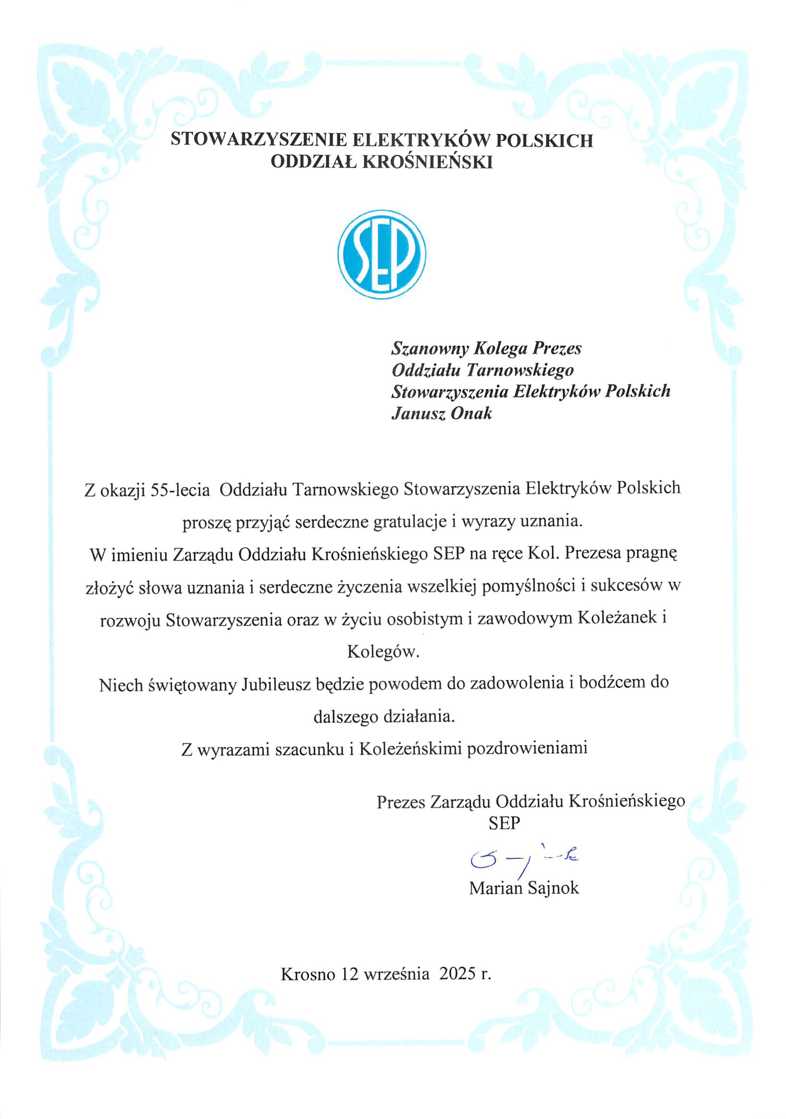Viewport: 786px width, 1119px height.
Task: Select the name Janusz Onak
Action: (x=441, y=413)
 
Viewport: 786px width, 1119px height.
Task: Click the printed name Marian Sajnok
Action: (x=524, y=888)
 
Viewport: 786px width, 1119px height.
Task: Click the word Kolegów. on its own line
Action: (x=382, y=651)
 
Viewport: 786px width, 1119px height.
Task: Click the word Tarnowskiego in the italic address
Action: (x=521, y=370)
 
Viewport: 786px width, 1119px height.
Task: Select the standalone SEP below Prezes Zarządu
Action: (x=504, y=823)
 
